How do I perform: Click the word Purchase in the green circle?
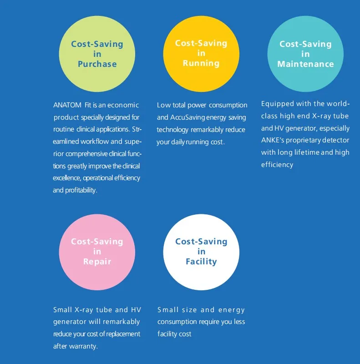point(97,64)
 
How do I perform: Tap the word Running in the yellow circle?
point(201,63)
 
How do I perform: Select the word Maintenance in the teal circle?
point(305,64)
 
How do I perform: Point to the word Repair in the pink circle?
point(97,262)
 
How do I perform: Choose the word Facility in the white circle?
point(201,262)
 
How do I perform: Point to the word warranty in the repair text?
point(83,346)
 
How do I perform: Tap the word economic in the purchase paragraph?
point(123,105)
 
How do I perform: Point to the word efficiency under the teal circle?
point(277,165)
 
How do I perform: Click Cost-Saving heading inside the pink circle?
point(97,242)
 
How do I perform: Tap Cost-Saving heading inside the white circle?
point(201,242)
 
